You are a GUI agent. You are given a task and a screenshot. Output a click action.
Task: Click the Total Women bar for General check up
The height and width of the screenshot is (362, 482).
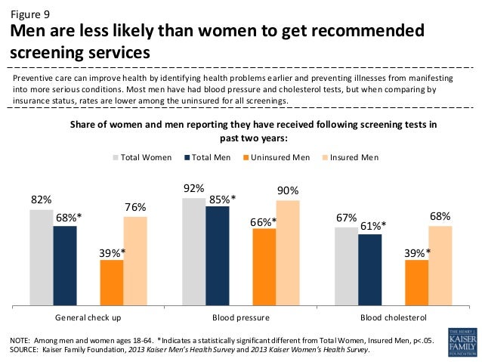42,258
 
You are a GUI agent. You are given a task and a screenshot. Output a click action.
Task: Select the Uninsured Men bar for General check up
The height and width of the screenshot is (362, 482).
112,283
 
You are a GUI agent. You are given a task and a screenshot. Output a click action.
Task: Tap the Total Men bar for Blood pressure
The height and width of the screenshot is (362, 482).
218,256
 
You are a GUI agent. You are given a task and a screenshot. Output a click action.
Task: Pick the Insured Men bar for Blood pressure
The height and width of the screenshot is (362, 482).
288,252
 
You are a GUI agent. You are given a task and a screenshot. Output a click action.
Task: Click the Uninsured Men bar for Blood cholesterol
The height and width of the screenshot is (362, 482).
416,283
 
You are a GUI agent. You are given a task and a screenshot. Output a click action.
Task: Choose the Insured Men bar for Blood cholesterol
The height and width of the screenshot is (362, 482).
440,266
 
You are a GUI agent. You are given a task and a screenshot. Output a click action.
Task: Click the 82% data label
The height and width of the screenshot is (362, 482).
42,200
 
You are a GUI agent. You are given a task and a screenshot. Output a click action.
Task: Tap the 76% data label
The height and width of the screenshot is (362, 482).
135,207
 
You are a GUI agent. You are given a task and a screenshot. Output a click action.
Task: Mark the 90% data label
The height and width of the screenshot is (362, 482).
288,191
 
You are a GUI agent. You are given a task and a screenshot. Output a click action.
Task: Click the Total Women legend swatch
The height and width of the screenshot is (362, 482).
116,157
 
